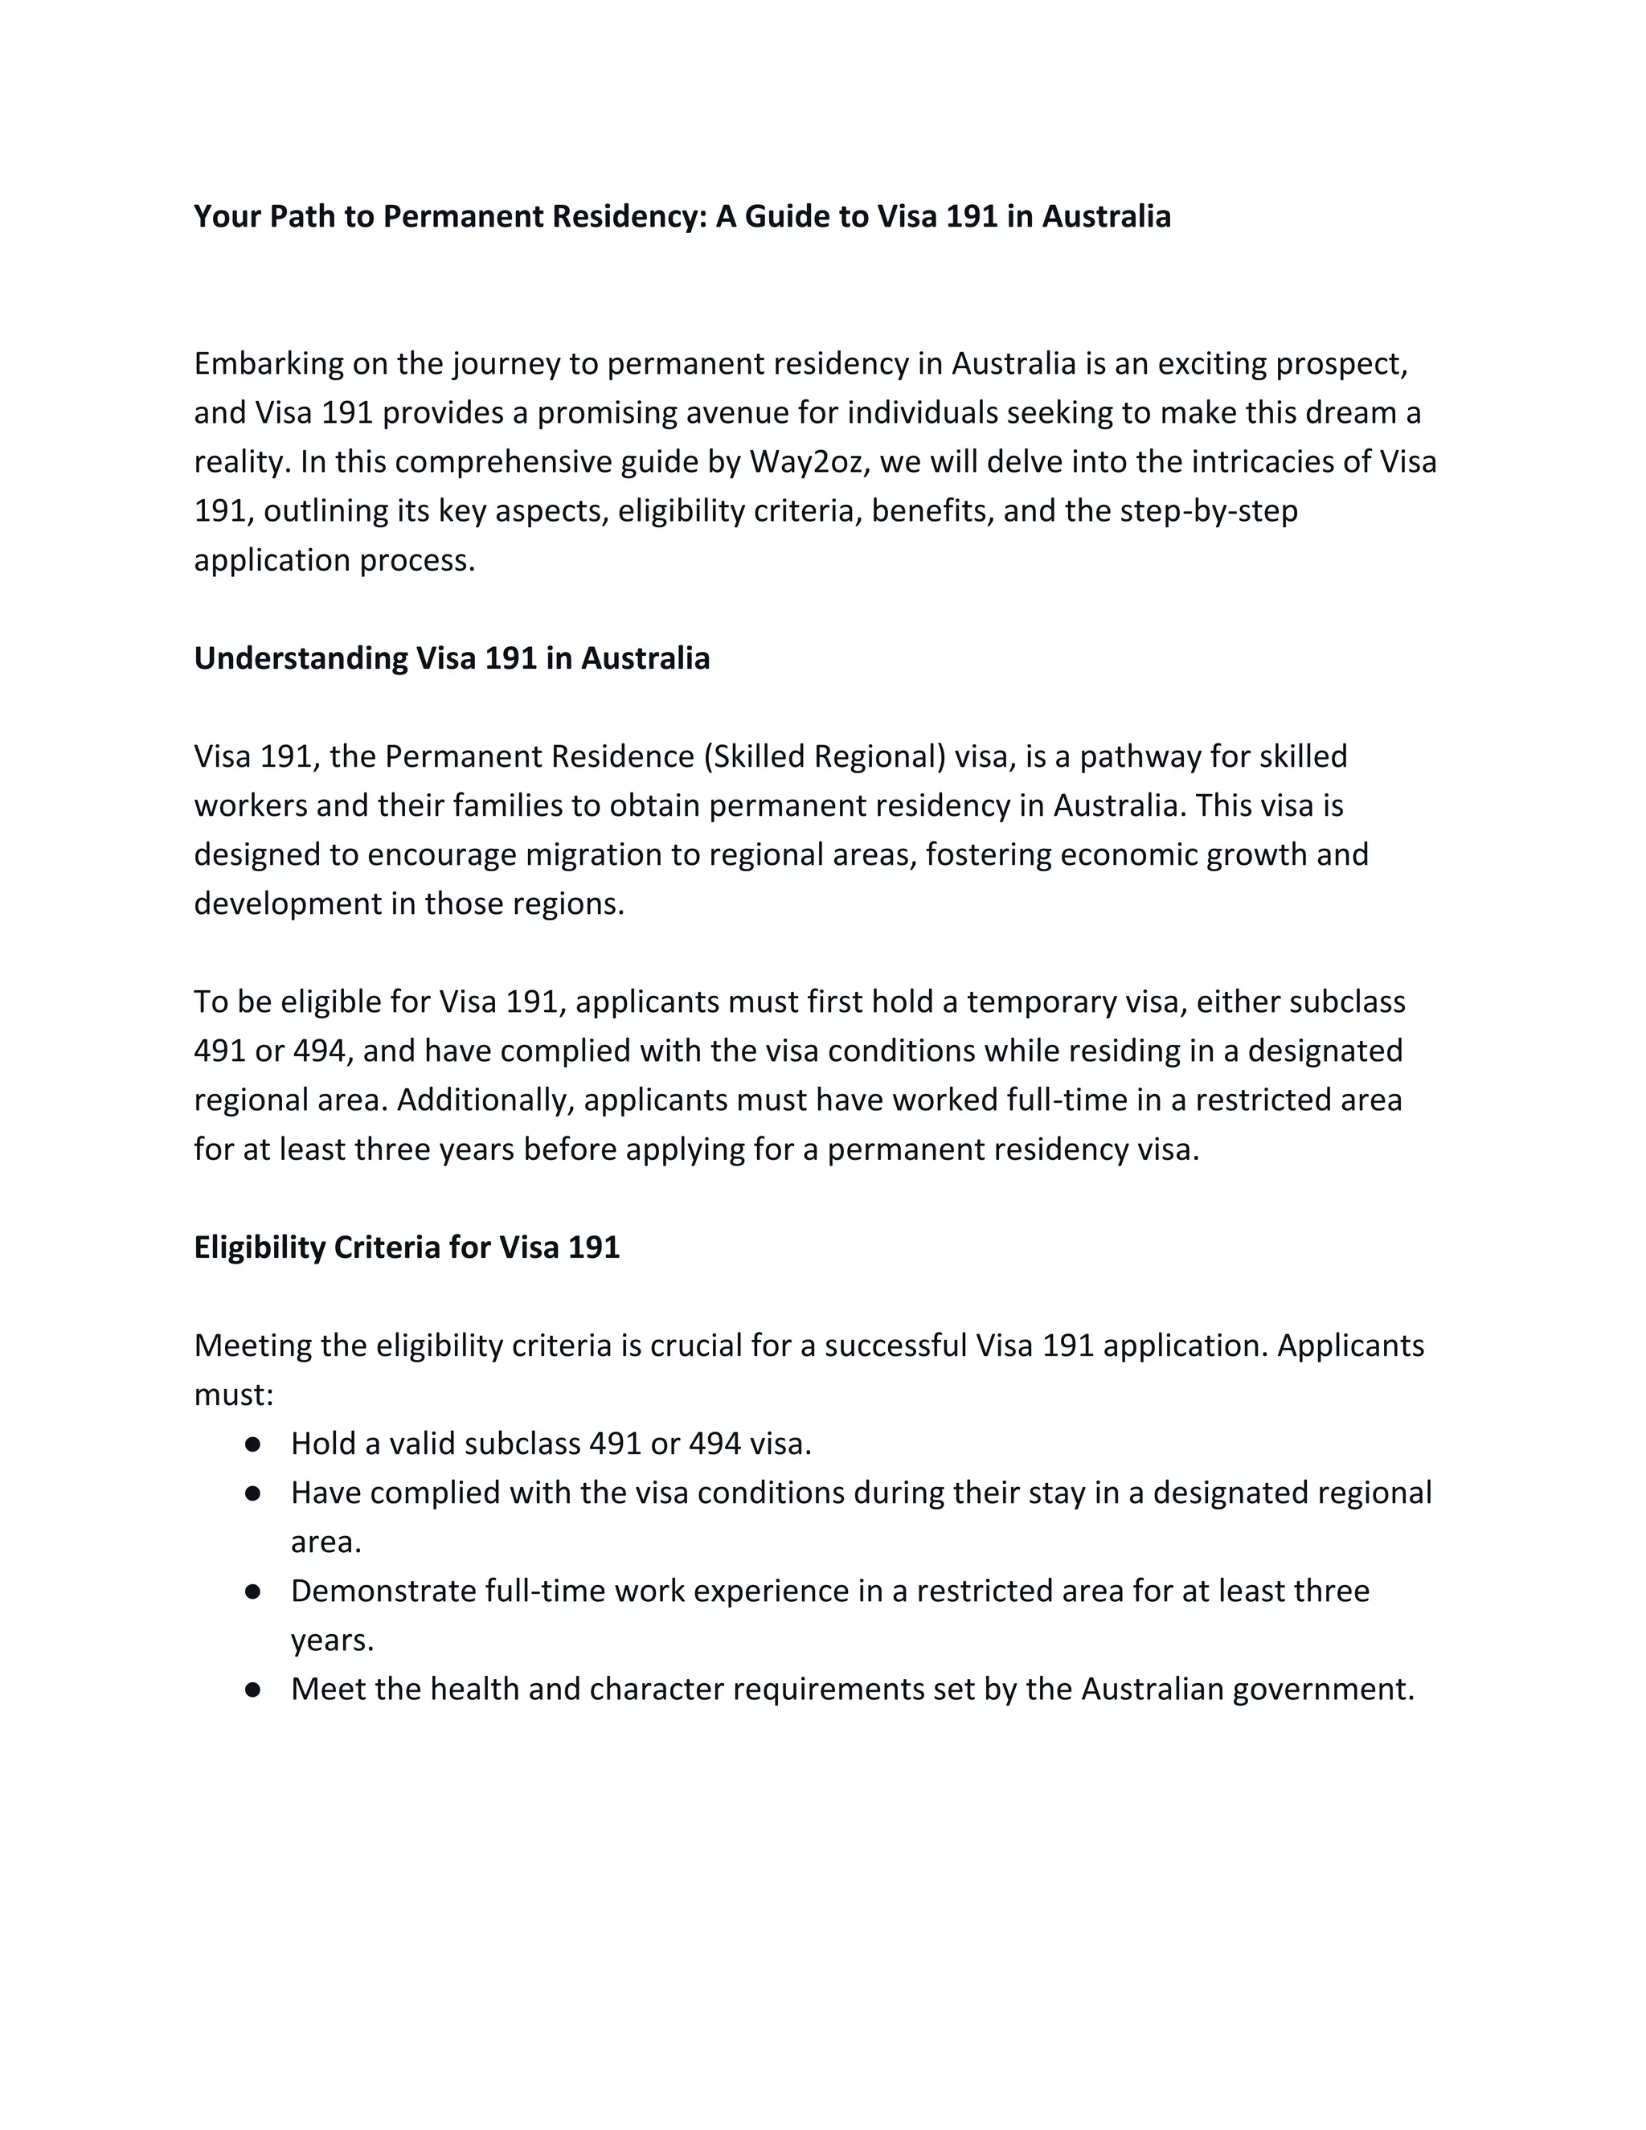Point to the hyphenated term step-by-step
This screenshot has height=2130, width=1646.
(1208, 511)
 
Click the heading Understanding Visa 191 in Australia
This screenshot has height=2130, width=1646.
(452, 658)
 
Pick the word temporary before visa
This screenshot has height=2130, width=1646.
(1041, 1002)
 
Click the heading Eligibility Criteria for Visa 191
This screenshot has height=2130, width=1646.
(407, 1247)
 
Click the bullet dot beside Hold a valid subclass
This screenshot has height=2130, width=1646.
(252, 1444)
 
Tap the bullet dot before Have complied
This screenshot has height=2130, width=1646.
(252, 1493)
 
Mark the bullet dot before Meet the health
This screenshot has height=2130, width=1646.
(252, 1690)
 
